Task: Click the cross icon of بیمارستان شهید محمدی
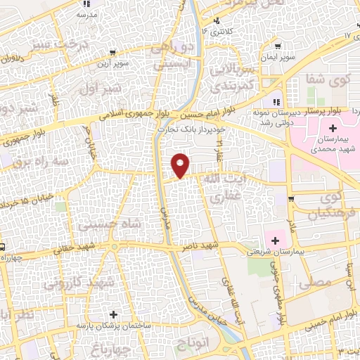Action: pyautogui.click(x=332, y=129)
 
